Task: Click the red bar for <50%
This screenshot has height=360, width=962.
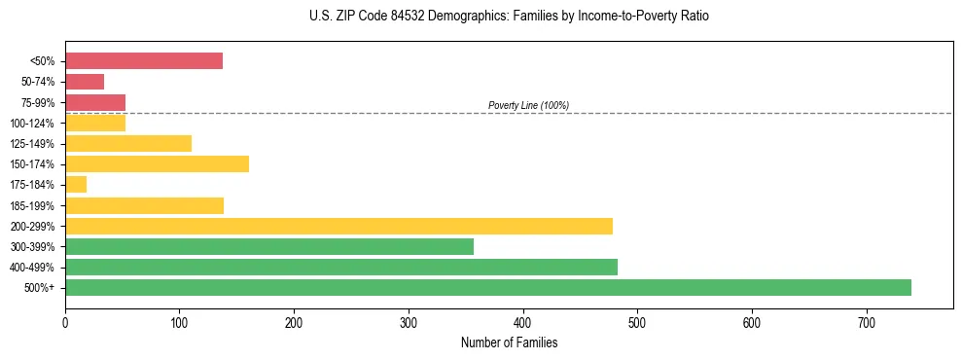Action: point(144,61)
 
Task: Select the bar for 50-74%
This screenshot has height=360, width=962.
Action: point(85,82)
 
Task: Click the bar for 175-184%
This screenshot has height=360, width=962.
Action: point(76,185)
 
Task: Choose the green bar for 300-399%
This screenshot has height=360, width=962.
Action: point(269,246)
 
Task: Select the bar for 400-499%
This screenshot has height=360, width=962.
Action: point(341,267)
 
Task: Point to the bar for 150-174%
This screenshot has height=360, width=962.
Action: point(157,163)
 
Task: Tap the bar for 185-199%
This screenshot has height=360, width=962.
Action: point(144,205)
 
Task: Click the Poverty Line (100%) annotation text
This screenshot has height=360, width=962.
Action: point(528,105)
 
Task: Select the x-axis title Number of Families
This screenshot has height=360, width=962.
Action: point(509,342)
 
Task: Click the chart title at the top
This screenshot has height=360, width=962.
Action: point(510,17)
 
